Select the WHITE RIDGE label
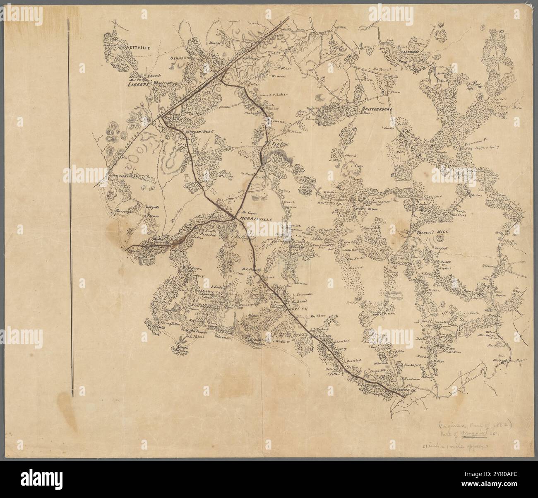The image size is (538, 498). pyautogui.click(x=365, y=210)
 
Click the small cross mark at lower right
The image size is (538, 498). pyautogui.click(x=513, y=391)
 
